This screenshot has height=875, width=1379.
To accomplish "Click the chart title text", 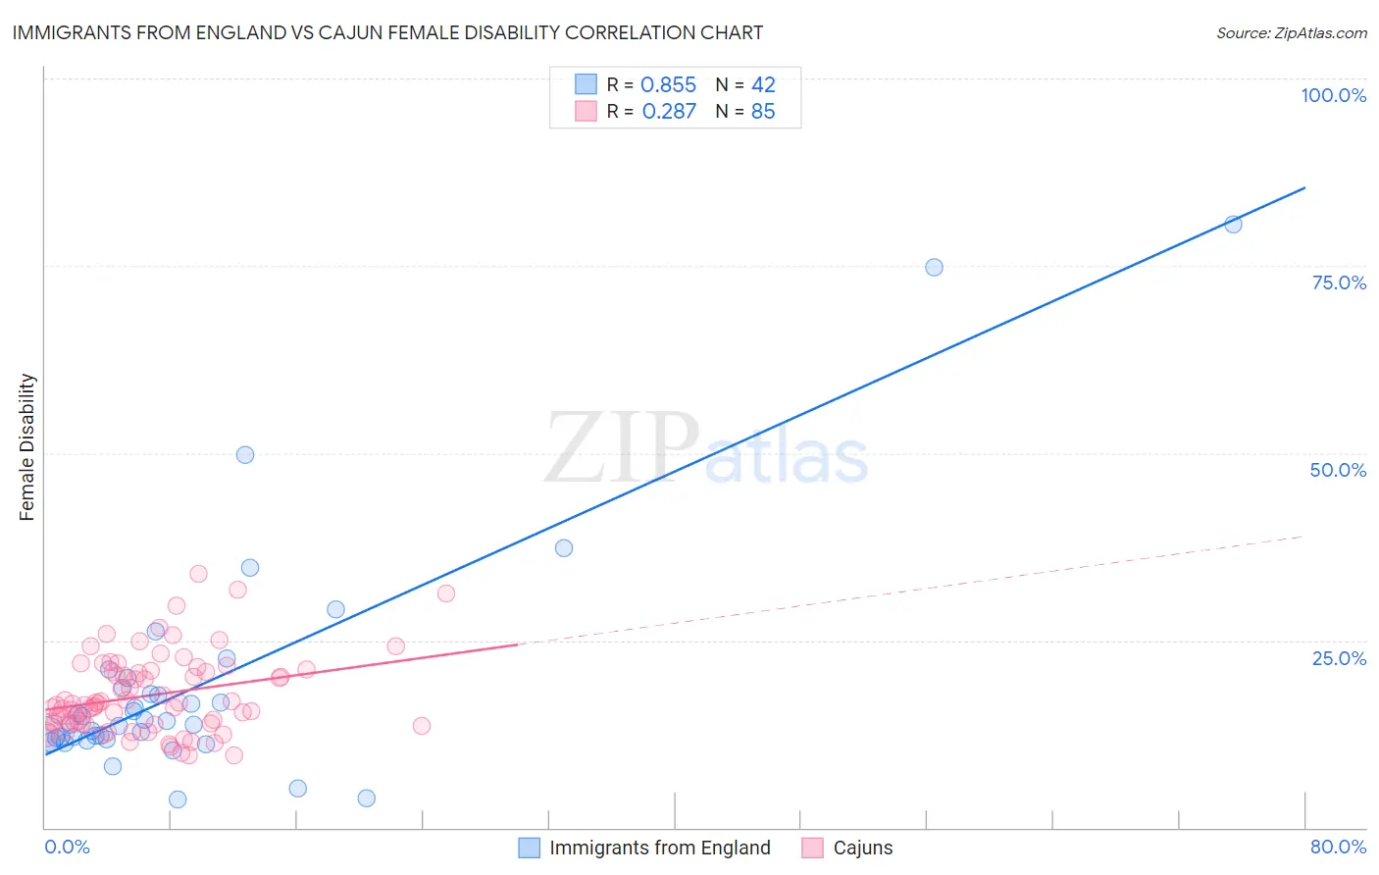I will point(387,33).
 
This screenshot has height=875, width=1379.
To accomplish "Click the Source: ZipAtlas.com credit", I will point(1291,33).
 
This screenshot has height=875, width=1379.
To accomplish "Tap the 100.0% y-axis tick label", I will point(1333,95).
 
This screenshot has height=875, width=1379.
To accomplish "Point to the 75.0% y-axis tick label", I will point(1339,283).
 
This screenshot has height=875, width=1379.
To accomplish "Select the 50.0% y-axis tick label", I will point(1338,470).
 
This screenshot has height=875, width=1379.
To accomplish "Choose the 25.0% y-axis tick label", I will point(1339,657).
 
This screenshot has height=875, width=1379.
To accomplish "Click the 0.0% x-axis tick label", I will point(67,847).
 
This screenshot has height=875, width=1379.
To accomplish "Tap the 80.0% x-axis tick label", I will point(1338,847).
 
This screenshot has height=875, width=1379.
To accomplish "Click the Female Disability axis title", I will point(27,446).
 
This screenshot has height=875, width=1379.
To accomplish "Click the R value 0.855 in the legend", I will point(668,85).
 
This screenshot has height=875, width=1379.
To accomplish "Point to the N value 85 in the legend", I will point(763,112).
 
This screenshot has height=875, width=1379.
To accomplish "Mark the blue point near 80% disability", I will point(1233,225).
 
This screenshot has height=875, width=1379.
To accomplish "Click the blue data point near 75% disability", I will point(934,268).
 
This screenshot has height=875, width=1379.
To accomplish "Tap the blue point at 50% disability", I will point(245,455).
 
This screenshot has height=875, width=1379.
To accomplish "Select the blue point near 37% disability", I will point(564,548).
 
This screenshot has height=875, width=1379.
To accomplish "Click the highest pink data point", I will point(198,574).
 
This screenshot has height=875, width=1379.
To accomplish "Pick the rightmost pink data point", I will point(446,593).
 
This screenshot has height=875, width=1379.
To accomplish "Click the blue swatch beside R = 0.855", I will point(586,84).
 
